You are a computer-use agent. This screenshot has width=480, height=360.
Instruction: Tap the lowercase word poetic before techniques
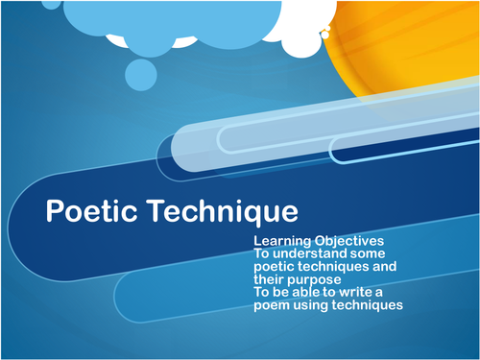276,266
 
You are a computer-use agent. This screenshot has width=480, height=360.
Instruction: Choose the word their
272,278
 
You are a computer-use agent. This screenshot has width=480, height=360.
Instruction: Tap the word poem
275,305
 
